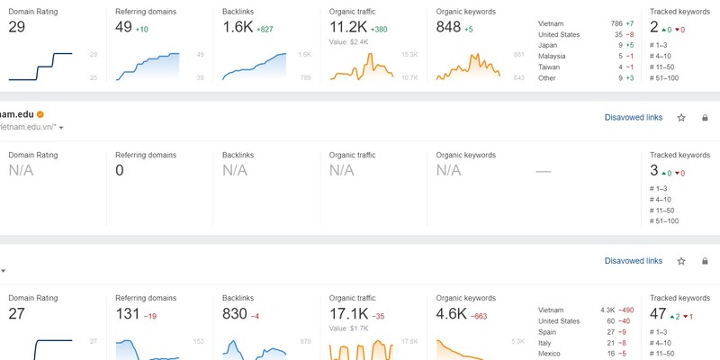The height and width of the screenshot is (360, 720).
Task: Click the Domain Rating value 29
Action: (x=17, y=27)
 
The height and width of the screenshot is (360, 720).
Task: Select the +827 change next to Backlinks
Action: (x=265, y=29)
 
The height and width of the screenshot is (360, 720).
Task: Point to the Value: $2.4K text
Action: (x=350, y=41)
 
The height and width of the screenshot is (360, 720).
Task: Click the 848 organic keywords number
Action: (x=448, y=27)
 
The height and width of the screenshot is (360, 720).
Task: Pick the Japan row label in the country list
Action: (x=547, y=43)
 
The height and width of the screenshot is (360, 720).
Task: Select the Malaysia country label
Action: (x=552, y=55)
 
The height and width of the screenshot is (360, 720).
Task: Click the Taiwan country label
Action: (x=549, y=66)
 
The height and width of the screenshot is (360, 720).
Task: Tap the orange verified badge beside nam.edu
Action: (x=40, y=114)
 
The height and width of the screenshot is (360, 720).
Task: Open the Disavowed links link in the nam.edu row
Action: (x=634, y=117)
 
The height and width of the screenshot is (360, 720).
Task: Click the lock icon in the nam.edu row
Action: (x=704, y=117)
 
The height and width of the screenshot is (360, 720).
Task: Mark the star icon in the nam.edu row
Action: (x=681, y=117)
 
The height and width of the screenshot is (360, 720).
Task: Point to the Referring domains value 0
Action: (x=120, y=170)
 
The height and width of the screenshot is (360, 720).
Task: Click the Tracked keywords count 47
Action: (x=658, y=314)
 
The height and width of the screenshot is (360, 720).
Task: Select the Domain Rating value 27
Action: (x=17, y=314)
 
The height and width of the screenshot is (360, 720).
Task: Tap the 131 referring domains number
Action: (x=129, y=314)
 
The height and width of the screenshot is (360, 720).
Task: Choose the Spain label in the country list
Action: (x=547, y=331)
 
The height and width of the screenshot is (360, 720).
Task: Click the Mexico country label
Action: (x=549, y=354)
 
